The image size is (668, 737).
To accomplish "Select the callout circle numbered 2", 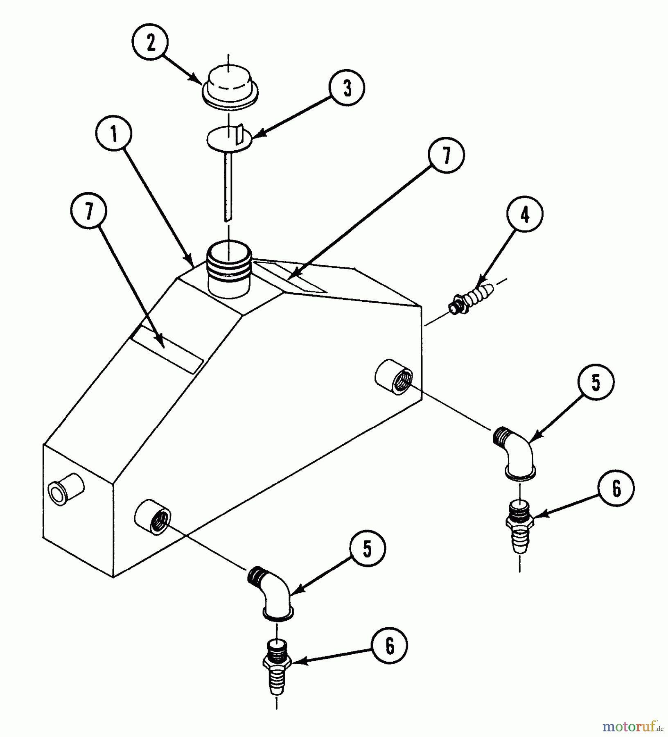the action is (x=151, y=43).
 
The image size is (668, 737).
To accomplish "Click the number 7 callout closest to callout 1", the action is (x=88, y=211).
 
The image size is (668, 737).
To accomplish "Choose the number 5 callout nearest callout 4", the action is (x=596, y=382).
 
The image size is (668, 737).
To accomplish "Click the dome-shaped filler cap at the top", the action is (x=230, y=89).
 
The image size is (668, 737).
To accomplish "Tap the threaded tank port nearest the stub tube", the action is (x=152, y=517).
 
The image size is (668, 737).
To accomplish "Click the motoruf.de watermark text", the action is (x=633, y=727).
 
